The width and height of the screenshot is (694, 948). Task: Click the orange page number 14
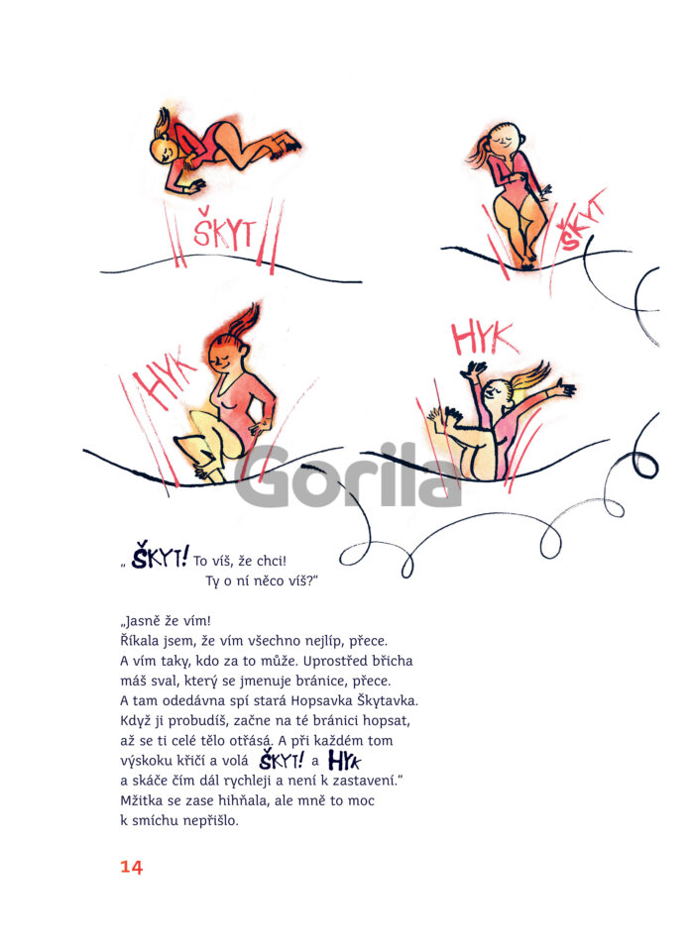131,867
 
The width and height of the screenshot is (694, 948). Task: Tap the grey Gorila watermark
348,475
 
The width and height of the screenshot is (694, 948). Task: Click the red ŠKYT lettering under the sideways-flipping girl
224,230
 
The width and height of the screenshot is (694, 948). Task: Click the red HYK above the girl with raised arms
485,338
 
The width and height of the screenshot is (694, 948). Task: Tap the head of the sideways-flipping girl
164,150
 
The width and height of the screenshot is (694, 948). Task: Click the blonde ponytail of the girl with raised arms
531,377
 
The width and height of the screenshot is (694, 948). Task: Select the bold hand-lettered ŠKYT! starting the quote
161,556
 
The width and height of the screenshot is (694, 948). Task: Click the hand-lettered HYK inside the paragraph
344,761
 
